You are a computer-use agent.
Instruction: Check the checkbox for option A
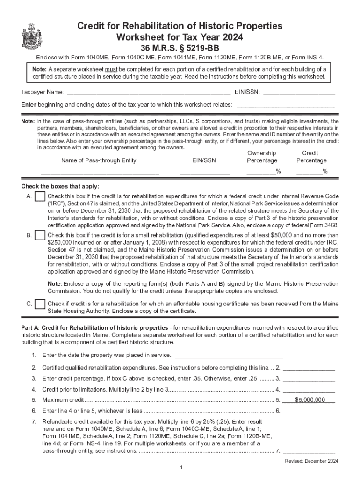pos(40,196)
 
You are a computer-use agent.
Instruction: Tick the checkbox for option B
pos(40,235)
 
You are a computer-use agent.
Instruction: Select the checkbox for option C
pos(40,305)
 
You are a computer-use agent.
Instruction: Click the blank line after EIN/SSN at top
pos(299,92)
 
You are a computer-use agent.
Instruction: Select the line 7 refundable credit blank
pos(309,451)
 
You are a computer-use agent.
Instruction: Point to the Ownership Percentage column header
pos(262,157)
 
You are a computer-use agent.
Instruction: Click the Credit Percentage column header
pos(311,157)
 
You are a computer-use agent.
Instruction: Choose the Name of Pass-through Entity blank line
pos(100,171)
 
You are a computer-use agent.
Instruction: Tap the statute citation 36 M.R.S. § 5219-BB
pos(180,48)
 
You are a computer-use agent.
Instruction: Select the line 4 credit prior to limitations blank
pos(309,389)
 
